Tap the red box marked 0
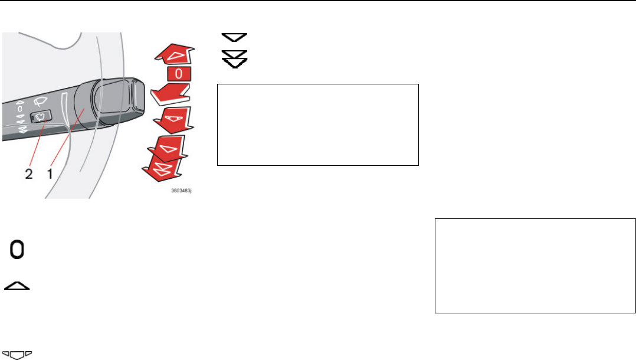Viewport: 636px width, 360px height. click(x=178, y=75)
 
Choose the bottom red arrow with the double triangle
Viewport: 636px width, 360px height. click(x=166, y=172)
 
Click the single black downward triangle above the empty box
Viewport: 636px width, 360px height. click(x=234, y=37)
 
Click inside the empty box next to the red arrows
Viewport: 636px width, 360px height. click(x=317, y=125)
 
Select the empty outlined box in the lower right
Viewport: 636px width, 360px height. click(x=535, y=266)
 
